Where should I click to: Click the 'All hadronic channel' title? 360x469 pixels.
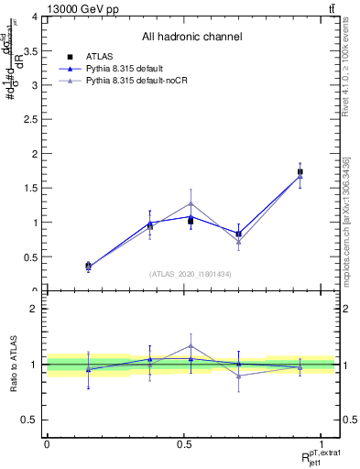tap(191, 37)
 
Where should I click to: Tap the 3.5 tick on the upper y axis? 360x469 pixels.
tap(36, 51)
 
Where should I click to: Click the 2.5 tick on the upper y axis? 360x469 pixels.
tap(36, 120)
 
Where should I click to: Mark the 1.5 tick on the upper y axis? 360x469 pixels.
tap(36, 189)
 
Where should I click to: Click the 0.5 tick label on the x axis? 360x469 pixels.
tap(184, 443)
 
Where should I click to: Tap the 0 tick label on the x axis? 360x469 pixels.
tap(47, 443)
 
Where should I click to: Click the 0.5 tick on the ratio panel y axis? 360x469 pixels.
tap(36, 420)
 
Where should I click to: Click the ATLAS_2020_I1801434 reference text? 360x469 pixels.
tap(191, 274)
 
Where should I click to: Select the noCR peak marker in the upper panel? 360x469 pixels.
tap(191, 203)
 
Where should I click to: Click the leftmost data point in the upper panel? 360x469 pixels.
tap(88, 267)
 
